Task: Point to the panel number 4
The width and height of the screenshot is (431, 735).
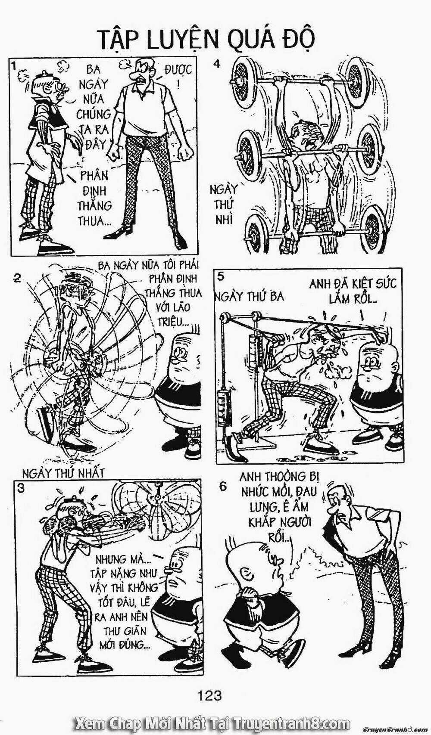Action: click(216, 64)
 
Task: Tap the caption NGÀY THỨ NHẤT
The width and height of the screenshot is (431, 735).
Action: click(63, 473)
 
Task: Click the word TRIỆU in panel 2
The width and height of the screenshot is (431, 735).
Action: click(172, 324)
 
